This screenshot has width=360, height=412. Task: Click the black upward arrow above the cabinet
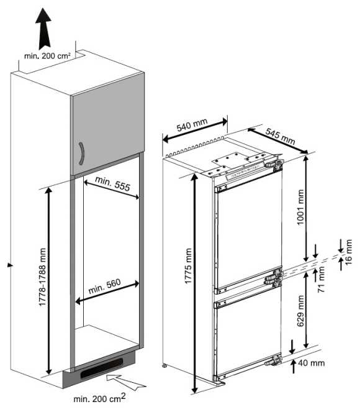coord(43,29)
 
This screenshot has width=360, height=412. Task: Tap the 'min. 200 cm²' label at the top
coord(47,56)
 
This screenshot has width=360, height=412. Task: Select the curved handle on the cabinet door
coord(81,153)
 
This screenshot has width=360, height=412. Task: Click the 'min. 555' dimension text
coord(112,183)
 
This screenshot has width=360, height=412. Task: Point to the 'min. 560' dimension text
coord(104,286)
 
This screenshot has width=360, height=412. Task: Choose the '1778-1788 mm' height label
coord(42,277)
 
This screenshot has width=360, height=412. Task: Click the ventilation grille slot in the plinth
coord(102,368)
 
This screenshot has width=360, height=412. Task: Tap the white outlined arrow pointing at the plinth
coord(126,382)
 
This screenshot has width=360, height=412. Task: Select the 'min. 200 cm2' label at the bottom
coord(99,398)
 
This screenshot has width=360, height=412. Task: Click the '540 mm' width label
coord(192,125)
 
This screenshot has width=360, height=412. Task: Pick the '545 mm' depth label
coord(280,136)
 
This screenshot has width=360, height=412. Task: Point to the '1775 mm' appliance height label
coord(189,266)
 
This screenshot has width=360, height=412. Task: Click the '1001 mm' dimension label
coord(300,207)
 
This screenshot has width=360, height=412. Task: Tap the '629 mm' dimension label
coord(300,311)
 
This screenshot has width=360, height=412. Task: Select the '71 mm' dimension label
coord(322,280)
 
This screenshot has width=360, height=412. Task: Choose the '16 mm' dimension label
coord(348,252)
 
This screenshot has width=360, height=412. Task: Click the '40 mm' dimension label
coord(312,363)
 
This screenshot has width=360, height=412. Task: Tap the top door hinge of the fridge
coord(274,163)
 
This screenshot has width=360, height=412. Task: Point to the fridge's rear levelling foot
coord(164,365)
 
